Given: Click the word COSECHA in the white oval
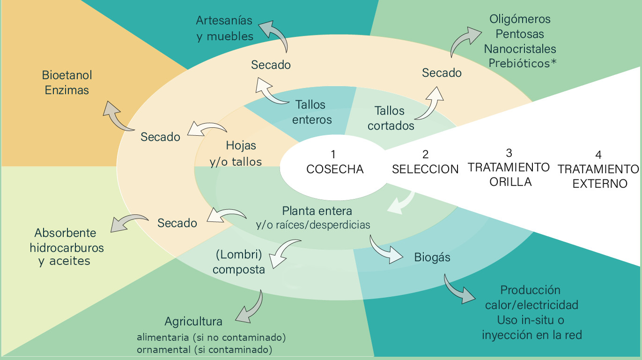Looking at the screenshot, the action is pyautogui.click(x=335, y=169).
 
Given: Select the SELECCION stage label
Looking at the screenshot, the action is pyautogui.click(x=425, y=169).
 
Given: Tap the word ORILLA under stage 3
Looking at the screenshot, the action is pyautogui.click(x=510, y=182).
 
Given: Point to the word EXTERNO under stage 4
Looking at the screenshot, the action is pyautogui.click(x=600, y=184).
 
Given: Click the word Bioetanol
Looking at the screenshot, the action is pyautogui.click(x=67, y=75).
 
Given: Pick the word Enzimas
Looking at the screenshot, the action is pyautogui.click(x=67, y=90).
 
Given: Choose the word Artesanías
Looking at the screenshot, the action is pyautogui.click(x=224, y=20).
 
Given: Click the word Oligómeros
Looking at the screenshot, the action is pyautogui.click(x=520, y=19).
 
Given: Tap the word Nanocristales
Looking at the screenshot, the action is pyautogui.click(x=520, y=49).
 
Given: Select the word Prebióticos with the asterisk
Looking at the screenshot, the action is pyautogui.click(x=523, y=63).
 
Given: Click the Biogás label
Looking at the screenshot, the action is pyautogui.click(x=432, y=257).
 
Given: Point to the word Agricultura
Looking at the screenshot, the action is pyautogui.click(x=193, y=322).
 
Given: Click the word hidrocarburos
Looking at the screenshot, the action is pyautogui.click(x=67, y=248).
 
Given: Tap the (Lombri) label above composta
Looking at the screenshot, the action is pyautogui.click(x=239, y=255).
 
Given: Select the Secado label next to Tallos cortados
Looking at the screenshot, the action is pyautogui.click(x=442, y=73).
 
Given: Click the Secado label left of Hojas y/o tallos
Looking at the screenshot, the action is pyautogui.click(x=160, y=137).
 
